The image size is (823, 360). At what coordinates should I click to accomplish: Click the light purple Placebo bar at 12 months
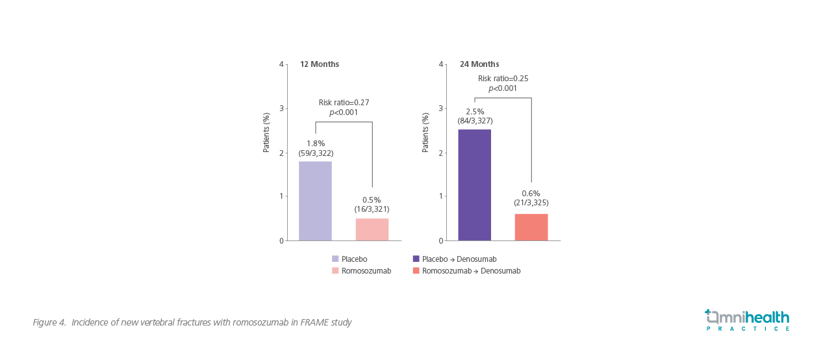click(x=315, y=201)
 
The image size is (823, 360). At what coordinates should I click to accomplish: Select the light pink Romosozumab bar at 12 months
click(x=372, y=229)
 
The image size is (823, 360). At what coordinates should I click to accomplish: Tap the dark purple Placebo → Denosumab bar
click(x=474, y=185)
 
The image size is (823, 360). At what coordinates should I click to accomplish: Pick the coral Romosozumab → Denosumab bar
click(x=531, y=227)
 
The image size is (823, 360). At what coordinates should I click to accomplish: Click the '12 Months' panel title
click(x=319, y=64)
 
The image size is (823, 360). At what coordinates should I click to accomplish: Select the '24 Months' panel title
click(x=479, y=64)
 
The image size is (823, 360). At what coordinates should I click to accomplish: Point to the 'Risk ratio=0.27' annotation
click(x=344, y=103)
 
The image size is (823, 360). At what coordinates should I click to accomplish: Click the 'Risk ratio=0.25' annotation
click(x=503, y=79)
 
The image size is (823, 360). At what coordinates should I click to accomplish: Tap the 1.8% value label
click(x=316, y=144)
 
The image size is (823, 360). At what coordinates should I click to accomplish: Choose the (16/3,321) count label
click(x=372, y=209)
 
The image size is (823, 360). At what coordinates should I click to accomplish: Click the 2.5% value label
click(x=475, y=112)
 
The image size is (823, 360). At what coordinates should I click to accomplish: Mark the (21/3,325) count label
click(x=531, y=203)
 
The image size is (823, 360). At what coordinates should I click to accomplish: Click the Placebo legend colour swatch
click(x=335, y=259)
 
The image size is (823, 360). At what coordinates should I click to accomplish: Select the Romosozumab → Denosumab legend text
click(x=471, y=271)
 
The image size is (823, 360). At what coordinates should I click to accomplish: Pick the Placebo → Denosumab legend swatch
click(x=416, y=259)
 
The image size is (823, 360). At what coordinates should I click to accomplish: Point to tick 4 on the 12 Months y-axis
click(x=281, y=64)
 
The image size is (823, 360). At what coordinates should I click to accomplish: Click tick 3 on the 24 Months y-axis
click(x=441, y=109)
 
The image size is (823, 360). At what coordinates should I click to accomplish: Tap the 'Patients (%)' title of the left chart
click(x=266, y=133)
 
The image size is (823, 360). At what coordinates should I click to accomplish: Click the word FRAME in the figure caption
click(x=314, y=322)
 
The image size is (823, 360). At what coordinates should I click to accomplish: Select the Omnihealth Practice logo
click(x=747, y=320)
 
